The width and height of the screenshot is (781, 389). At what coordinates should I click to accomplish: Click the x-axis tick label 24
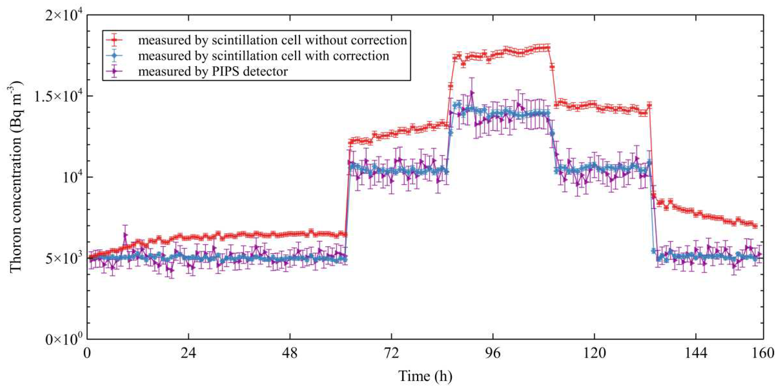pos(188,353)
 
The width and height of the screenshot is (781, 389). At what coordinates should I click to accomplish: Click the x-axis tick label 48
pos(290,353)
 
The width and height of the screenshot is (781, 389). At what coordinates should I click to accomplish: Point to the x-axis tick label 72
pos(391,353)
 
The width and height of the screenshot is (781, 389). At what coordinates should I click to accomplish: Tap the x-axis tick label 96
pos(493,353)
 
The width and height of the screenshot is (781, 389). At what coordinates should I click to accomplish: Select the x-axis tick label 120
pos(594,353)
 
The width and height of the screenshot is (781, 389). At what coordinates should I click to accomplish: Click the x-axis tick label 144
pos(696,353)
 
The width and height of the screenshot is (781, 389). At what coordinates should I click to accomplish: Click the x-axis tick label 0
pos(87,353)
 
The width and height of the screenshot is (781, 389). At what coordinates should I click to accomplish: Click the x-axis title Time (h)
pos(425,376)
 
